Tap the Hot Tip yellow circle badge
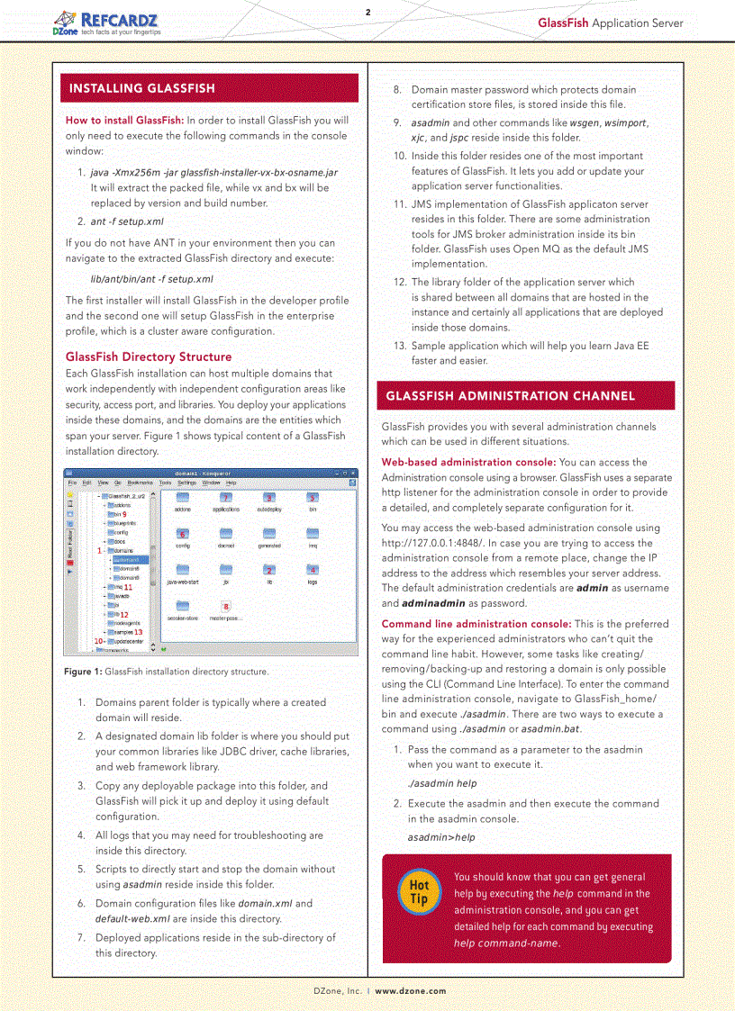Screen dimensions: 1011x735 point(419,892)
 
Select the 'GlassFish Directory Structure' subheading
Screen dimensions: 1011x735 point(149,357)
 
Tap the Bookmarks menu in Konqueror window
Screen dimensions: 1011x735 point(140,483)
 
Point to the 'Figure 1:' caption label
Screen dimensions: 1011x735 point(84,672)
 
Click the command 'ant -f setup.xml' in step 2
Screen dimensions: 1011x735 point(127,221)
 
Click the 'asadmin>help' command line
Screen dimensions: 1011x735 point(441,837)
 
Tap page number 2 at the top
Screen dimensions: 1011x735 point(367,13)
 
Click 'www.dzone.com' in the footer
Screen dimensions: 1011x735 point(411,990)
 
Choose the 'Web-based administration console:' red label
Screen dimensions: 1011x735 point(468,463)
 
